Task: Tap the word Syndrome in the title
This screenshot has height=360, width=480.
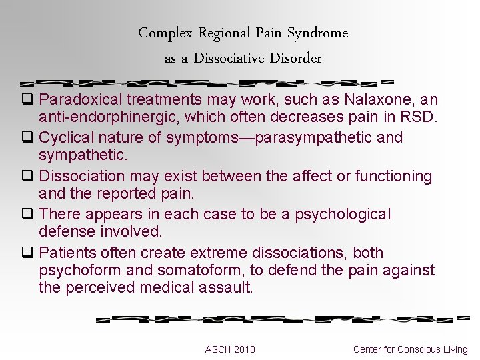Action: [x=317, y=33]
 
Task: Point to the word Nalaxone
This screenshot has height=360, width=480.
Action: [x=373, y=100]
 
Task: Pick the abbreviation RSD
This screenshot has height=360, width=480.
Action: [x=419, y=118]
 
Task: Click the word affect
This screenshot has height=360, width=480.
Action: [x=300, y=176]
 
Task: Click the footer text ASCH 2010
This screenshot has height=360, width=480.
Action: [x=230, y=349]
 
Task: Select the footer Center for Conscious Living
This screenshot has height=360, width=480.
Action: [x=411, y=349]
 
